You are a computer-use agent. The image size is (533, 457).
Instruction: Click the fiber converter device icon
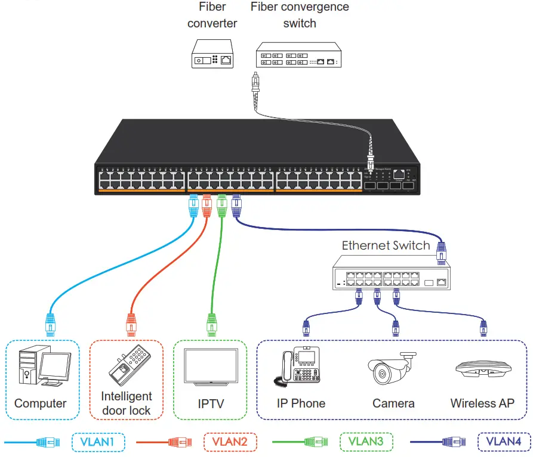212,54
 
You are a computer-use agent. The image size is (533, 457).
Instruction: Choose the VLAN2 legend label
230,442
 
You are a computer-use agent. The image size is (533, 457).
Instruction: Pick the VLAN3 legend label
366,442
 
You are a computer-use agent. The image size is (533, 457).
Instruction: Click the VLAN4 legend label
503,442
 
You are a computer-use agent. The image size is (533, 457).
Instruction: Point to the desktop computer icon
44,367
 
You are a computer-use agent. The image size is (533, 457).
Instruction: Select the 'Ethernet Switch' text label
386,245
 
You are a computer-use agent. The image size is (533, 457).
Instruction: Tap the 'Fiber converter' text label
212,15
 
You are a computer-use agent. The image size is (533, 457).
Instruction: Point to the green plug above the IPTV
211,325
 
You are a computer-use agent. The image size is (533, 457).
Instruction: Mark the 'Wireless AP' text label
482,403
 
